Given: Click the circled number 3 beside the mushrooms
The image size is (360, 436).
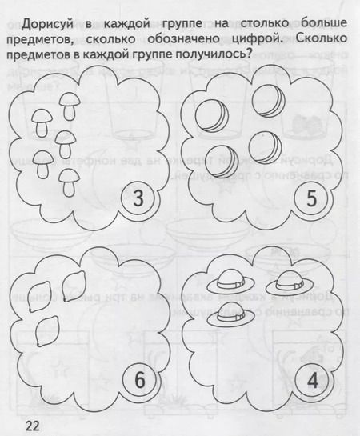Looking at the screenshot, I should (138, 198).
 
